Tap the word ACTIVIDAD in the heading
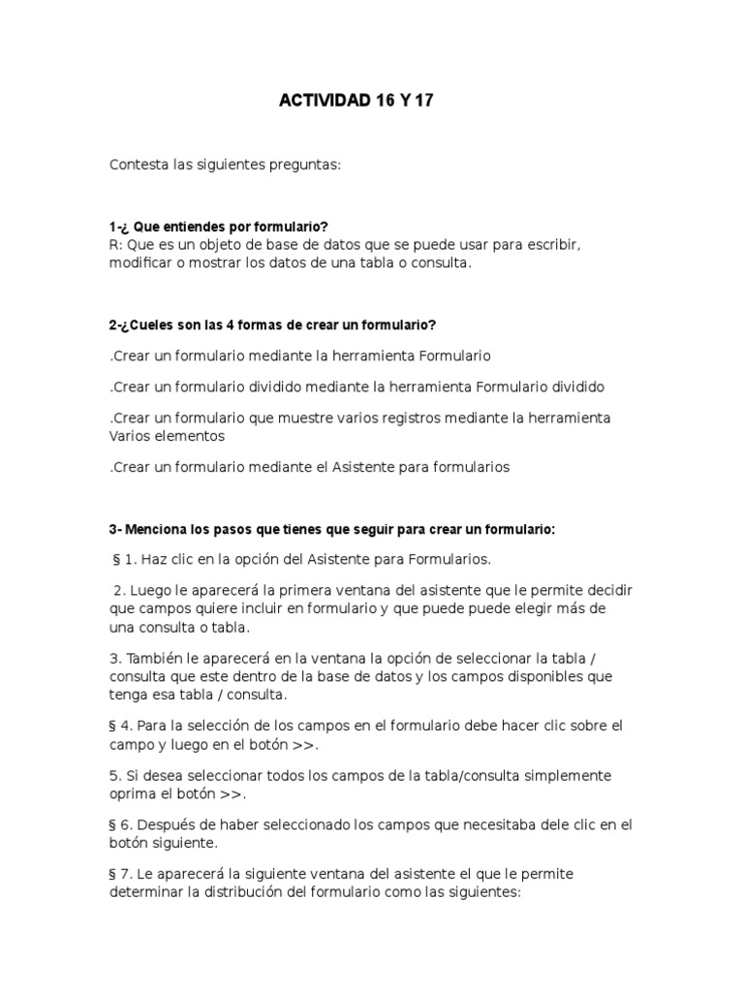click(325, 101)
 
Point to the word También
click(155, 659)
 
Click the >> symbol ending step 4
click(303, 745)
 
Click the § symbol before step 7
click(113, 874)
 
